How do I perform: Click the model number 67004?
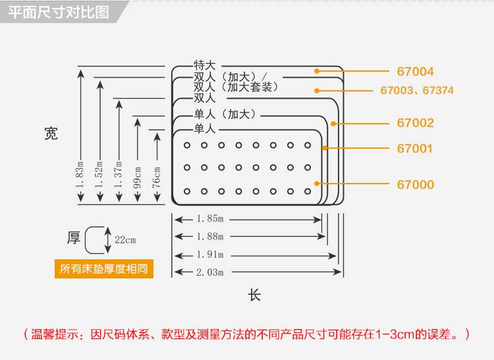(x=415, y=72)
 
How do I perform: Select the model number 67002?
(x=415, y=122)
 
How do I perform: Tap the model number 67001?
(x=414, y=148)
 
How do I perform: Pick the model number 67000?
(x=415, y=184)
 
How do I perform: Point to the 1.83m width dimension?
(x=80, y=175)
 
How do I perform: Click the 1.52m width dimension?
(x=99, y=175)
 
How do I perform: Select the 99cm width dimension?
(x=138, y=178)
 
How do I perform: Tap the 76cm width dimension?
(x=157, y=178)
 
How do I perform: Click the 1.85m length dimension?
(x=210, y=219)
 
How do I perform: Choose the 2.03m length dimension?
(x=210, y=272)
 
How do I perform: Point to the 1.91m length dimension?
(x=210, y=254)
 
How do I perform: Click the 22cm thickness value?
(x=125, y=240)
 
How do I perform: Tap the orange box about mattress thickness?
(x=104, y=269)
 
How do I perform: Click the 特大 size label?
(x=204, y=65)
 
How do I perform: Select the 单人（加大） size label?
(x=225, y=114)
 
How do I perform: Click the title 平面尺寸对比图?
(x=59, y=13)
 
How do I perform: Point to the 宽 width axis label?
(x=51, y=134)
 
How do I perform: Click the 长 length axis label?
(x=254, y=296)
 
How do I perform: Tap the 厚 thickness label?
(x=74, y=238)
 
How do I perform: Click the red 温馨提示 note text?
(x=247, y=334)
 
